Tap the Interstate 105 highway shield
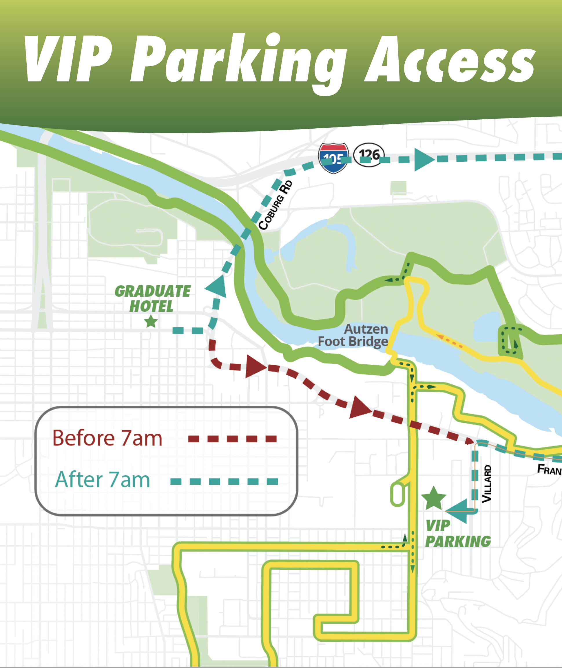click(333, 158)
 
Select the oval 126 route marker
click(369, 155)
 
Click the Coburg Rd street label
click(275, 205)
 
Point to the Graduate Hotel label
click(152, 298)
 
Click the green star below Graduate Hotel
click(151, 322)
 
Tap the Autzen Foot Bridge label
click(354, 335)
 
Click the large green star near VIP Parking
click(433, 499)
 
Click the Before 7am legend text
click(107, 438)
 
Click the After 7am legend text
click(103, 480)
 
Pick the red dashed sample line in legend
click(232, 439)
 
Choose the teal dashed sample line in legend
click(224, 481)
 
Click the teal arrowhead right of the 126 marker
click(424, 160)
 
